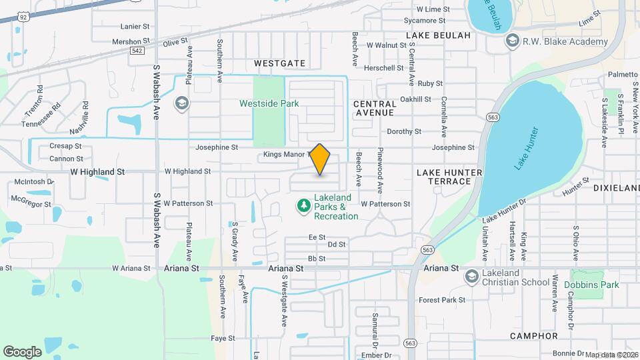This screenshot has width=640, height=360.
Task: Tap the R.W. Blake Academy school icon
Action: pyautogui.click(x=513, y=41)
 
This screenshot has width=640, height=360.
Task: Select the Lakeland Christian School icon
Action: pyautogui.click(x=472, y=277)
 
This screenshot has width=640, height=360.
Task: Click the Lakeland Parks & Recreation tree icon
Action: pyautogui.click(x=304, y=207)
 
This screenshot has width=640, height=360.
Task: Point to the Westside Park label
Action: pyautogui.click(x=269, y=103)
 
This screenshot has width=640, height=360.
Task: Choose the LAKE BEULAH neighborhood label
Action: pyautogui.click(x=438, y=35)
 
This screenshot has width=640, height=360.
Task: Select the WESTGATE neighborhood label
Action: pyautogui.click(x=280, y=63)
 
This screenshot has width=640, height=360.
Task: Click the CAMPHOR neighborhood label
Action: pyautogui.click(x=533, y=335)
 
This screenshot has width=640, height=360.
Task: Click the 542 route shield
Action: pyautogui.click(x=138, y=50)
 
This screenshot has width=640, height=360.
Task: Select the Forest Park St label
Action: pyautogui.click(x=442, y=300)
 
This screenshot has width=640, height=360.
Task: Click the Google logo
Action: pyautogui.click(x=22, y=351)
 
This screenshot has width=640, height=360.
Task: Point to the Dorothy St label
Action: pyautogui.click(x=404, y=132)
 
